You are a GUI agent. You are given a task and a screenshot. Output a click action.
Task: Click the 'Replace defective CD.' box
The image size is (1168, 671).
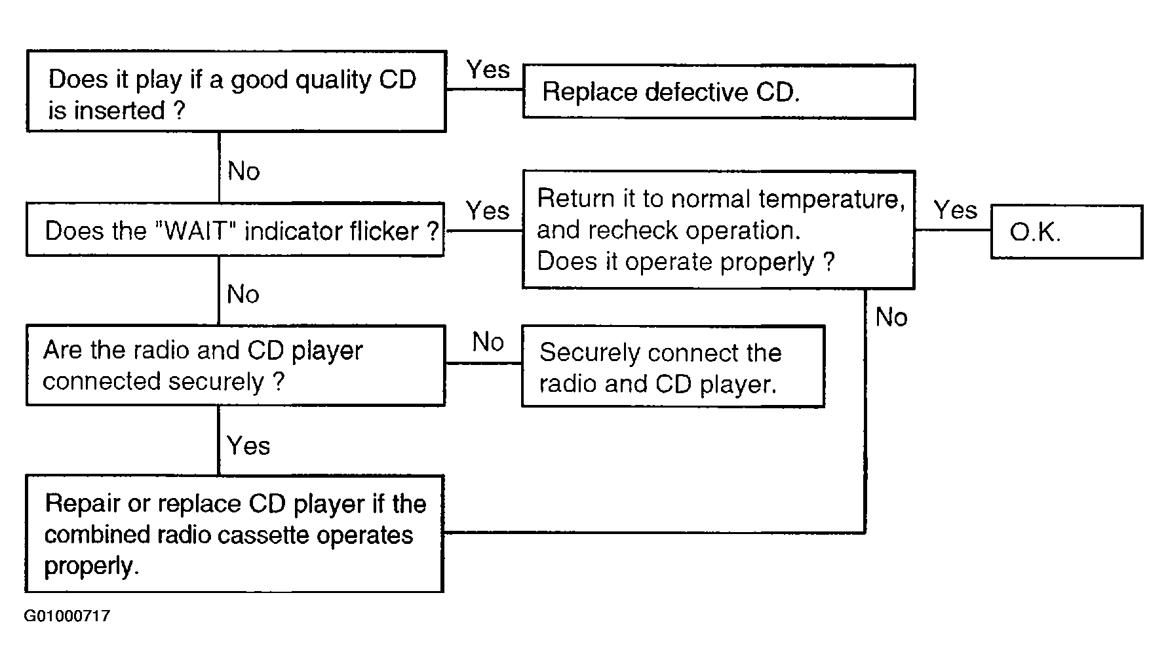pos(718,92)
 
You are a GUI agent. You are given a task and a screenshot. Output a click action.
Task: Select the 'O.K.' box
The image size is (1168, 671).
pos(1066,231)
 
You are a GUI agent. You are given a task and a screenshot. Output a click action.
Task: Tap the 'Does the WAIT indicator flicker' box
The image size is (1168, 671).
pos(235,229)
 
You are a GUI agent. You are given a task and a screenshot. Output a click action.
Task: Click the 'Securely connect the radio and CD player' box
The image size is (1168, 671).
pos(673,367)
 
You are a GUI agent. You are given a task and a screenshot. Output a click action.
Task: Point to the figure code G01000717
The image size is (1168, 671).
pos(67,616)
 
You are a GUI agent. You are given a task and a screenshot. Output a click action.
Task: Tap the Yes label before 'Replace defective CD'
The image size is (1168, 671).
pos(488,69)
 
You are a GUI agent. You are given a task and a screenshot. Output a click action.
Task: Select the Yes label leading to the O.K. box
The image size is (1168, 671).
pos(955,210)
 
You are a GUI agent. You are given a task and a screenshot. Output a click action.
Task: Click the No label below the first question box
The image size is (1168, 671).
pos(244,171)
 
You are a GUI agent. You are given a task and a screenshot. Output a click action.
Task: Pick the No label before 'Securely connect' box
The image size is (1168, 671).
pos(488,341)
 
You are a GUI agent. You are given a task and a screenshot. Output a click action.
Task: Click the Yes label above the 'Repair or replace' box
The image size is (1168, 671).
pos(248,446)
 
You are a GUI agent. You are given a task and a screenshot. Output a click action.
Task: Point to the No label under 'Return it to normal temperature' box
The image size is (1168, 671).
pos(891,317)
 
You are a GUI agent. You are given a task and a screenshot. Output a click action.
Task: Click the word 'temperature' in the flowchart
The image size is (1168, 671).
pos(832,199)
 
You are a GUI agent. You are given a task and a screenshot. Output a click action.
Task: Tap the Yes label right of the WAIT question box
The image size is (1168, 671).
pos(488,210)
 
